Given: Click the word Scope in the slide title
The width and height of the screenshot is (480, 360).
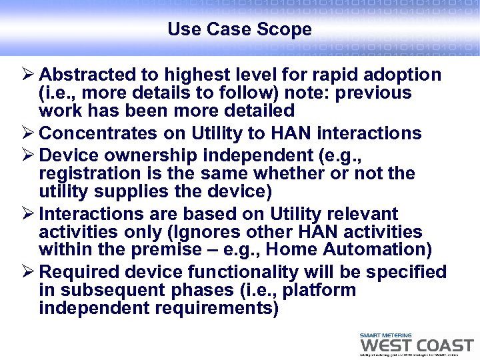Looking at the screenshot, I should point(287,30).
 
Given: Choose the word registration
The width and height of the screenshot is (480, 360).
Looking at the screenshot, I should point(86,174).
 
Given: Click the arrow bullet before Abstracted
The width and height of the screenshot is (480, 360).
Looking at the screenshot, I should point(28,75).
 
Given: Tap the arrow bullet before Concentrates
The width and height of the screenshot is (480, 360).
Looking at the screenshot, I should point(28,133).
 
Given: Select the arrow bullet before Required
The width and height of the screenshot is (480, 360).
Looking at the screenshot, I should point(28,272).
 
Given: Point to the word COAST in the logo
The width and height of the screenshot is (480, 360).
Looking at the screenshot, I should point(443,346).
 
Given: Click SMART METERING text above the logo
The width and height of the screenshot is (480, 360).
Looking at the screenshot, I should point(385,335).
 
